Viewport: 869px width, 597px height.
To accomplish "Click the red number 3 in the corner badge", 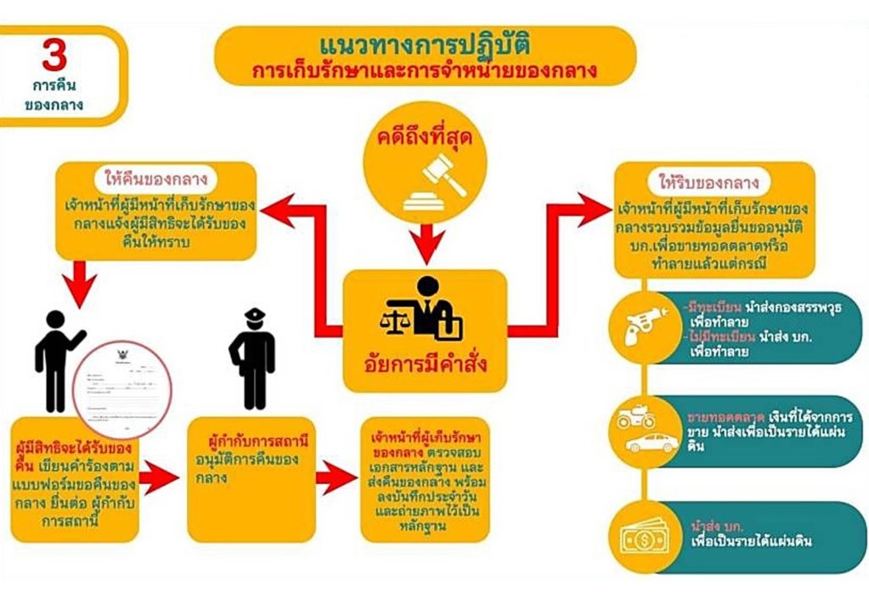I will point(54,59).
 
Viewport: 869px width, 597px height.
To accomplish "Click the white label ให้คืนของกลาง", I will point(157,179).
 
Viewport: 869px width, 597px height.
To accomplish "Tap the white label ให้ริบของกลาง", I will point(714,181).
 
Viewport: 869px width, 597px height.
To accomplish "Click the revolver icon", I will point(647,324).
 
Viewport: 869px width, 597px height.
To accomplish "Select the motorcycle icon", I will point(637,419).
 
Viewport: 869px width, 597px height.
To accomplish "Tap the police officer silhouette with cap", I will point(254,358).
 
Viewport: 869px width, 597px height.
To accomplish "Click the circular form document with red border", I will point(121,390).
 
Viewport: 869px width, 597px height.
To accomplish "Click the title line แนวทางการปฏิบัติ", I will point(425,42).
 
